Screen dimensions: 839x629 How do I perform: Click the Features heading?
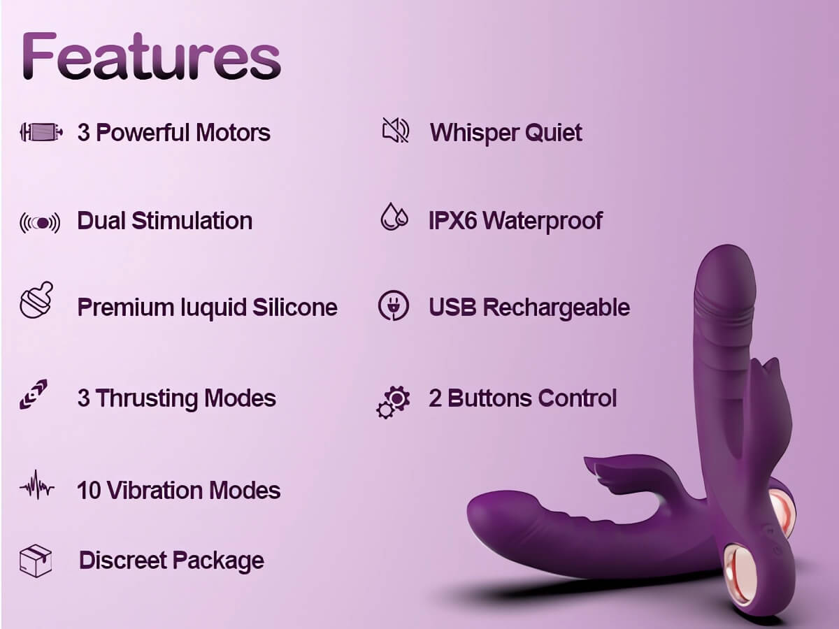click(151, 56)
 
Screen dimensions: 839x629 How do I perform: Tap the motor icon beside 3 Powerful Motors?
click(41, 132)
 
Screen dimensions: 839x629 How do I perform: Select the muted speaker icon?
click(396, 130)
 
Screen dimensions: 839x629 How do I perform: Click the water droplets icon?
click(394, 217)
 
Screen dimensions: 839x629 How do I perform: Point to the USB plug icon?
click(394, 305)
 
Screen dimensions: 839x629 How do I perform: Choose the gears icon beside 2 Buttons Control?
click(393, 402)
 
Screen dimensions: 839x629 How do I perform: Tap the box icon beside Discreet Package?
click(36, 561)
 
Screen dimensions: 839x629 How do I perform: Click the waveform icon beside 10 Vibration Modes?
click(36, 486)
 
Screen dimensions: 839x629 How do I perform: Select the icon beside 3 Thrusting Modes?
click(34, 394)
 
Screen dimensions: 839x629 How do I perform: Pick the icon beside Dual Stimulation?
click(40, 222)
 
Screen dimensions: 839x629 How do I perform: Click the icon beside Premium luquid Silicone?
click(36, 301)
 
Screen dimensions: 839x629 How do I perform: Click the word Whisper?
click(473, 133)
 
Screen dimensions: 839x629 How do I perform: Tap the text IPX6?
click(453, 221)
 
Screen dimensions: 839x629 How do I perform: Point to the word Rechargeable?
click(556, 308)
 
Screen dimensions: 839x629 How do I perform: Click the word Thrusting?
click(147, 399)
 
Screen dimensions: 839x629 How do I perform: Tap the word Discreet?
click(122, 561)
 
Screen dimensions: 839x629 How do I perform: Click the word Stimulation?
click(192, 221)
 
